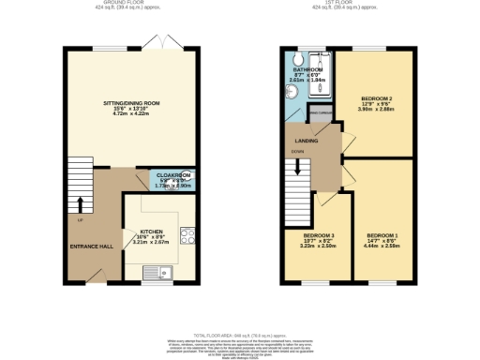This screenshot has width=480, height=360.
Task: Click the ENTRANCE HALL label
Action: pos(92,246)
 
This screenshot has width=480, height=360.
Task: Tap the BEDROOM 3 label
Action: pos(318,234)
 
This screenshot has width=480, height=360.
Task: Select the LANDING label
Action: pos(305,142)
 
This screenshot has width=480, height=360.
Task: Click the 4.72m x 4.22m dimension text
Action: pos(130,114)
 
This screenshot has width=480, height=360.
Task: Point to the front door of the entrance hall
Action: pos(94,274)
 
